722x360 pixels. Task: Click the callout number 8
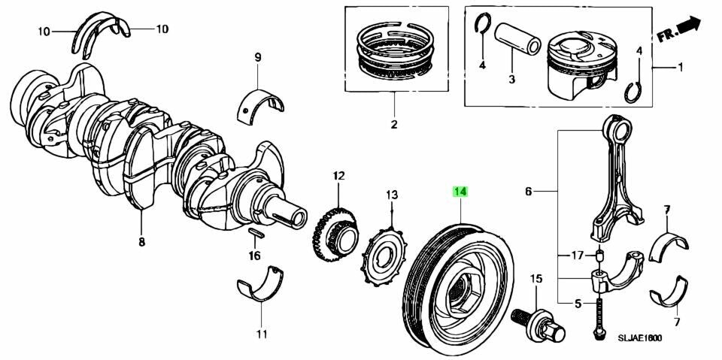coord(141,242)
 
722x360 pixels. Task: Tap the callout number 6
coord(528,192)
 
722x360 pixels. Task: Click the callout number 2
coord(393,124)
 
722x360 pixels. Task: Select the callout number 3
coord(511,78)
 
